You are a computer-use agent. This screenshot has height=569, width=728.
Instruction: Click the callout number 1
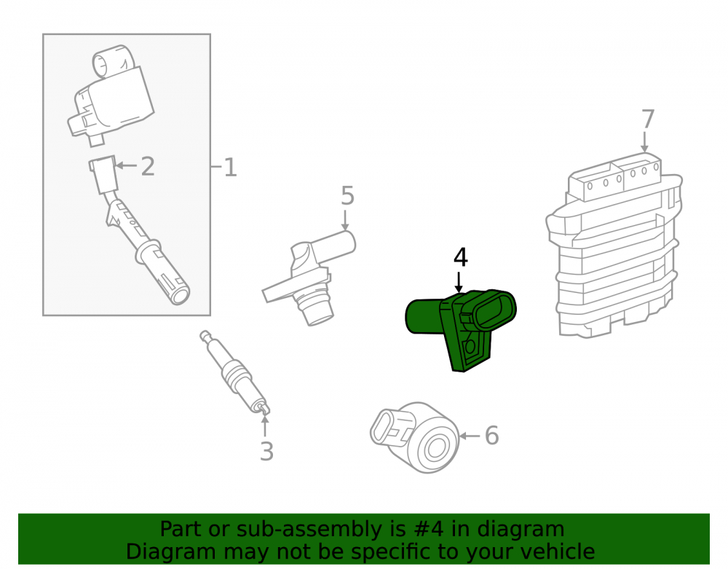tap(230, 168)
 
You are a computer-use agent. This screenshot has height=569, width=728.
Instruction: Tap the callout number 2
tap(148, 166)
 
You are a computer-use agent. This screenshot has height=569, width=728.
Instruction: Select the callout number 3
tap(266, 451)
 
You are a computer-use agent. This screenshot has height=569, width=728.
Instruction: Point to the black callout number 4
tap(461, 257)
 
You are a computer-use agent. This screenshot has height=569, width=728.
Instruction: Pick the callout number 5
tap(347, 195)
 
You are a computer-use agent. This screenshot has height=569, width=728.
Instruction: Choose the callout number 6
tap(491, 436)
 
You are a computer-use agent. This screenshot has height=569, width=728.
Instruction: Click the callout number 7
tap(648, 119)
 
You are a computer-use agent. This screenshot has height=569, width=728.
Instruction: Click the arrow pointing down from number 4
tap(459, 283)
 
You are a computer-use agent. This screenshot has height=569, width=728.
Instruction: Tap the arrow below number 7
tap(644, 141)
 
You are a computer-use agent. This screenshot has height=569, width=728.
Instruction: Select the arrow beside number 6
tap(470, 436)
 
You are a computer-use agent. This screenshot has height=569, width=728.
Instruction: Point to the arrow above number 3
tap(265, 427)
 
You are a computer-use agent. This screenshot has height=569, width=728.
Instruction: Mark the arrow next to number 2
tap(125, 165)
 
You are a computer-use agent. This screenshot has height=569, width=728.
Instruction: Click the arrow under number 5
tap(345, 220)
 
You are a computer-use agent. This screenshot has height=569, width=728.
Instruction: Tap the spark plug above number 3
tap(235, 372)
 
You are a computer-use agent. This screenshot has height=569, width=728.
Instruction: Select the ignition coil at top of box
tap(111, 95)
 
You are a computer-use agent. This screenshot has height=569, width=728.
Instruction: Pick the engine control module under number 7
tap(614, 245)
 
